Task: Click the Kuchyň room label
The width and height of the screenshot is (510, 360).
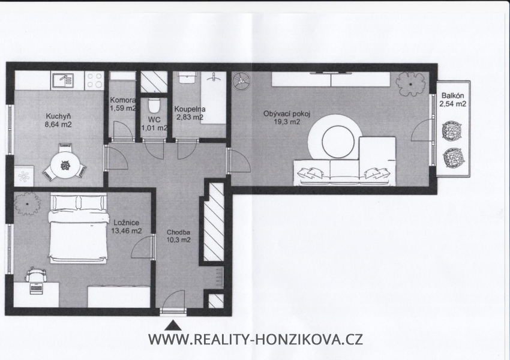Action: (x=59, y=117)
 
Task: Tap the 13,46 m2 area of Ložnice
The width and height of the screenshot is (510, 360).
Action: (x=127, y=230)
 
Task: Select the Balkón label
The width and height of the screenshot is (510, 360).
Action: (x=453, y=95)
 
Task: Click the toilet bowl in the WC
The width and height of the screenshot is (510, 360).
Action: (x=154, y=105)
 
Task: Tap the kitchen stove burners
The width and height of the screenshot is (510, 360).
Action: (x=95, y=80)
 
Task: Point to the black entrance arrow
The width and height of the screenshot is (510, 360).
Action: (x=173, y=325)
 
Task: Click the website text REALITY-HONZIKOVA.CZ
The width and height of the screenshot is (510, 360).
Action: (x=255, y=340)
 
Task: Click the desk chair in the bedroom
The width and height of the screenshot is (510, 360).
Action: (x=37, y=274)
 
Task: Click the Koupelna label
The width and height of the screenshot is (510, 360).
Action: (x=190, y=109)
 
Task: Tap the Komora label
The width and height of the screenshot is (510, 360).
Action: (x=122, y=100)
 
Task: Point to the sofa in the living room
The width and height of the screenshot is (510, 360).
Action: (x=342, y=172)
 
